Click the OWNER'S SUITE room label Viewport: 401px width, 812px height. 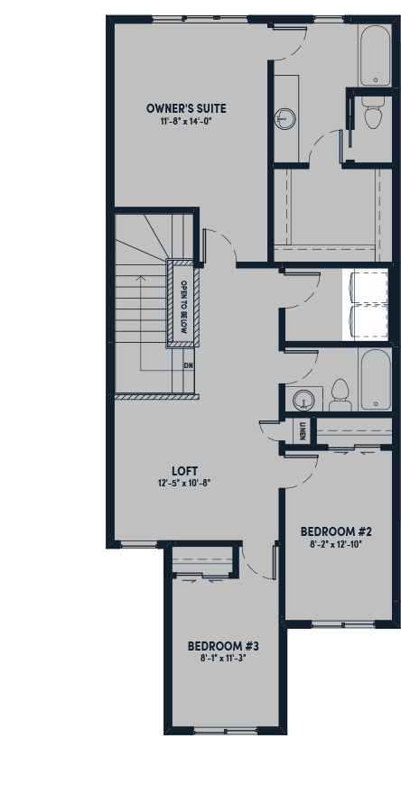(x=186, y=109)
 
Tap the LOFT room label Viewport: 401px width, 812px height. (x=185, y=471)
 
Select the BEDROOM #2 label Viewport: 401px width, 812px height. (x=337, y=531)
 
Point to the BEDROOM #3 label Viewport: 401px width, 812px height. (x=223, y=646)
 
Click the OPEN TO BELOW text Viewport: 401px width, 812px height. (x=183, y=307)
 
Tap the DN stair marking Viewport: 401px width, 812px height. (x=189, y=365)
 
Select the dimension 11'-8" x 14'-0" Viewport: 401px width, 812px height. (x=187, y=121)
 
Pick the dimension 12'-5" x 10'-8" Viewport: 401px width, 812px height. (x=185, y=484)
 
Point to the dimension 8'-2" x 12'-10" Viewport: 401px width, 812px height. (x=337, y=544)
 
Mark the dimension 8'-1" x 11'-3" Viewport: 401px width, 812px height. (x=223, y=659)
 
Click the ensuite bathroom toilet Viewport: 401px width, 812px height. (x=374, y=113)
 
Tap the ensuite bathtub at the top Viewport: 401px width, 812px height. (x=375, y=54)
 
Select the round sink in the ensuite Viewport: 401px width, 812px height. (x=285, y=118)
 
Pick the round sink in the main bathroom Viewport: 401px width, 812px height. (x=303, y=400)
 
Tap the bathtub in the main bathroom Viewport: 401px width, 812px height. (x=375, y=380)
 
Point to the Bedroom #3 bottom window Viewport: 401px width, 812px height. (x=226, y=731)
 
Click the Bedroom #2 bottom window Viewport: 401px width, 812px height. (x=343, y=624)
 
